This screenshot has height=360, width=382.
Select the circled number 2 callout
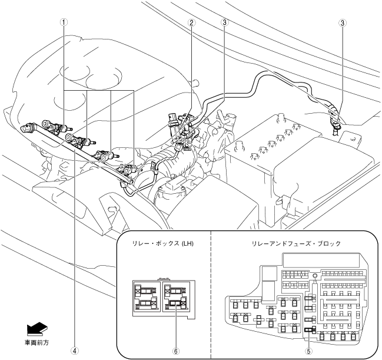(x=191, y=23)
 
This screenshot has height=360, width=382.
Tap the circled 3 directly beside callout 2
(x=224, y=23)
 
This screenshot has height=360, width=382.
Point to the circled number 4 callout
(x=74, y=349)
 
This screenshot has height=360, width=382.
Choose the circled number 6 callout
(x=174, y=349)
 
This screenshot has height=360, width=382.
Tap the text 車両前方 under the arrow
(x=37, y=342)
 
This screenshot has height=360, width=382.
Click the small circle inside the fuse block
(x=315, y=275)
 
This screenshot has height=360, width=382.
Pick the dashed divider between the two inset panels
(x=211, y=295)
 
